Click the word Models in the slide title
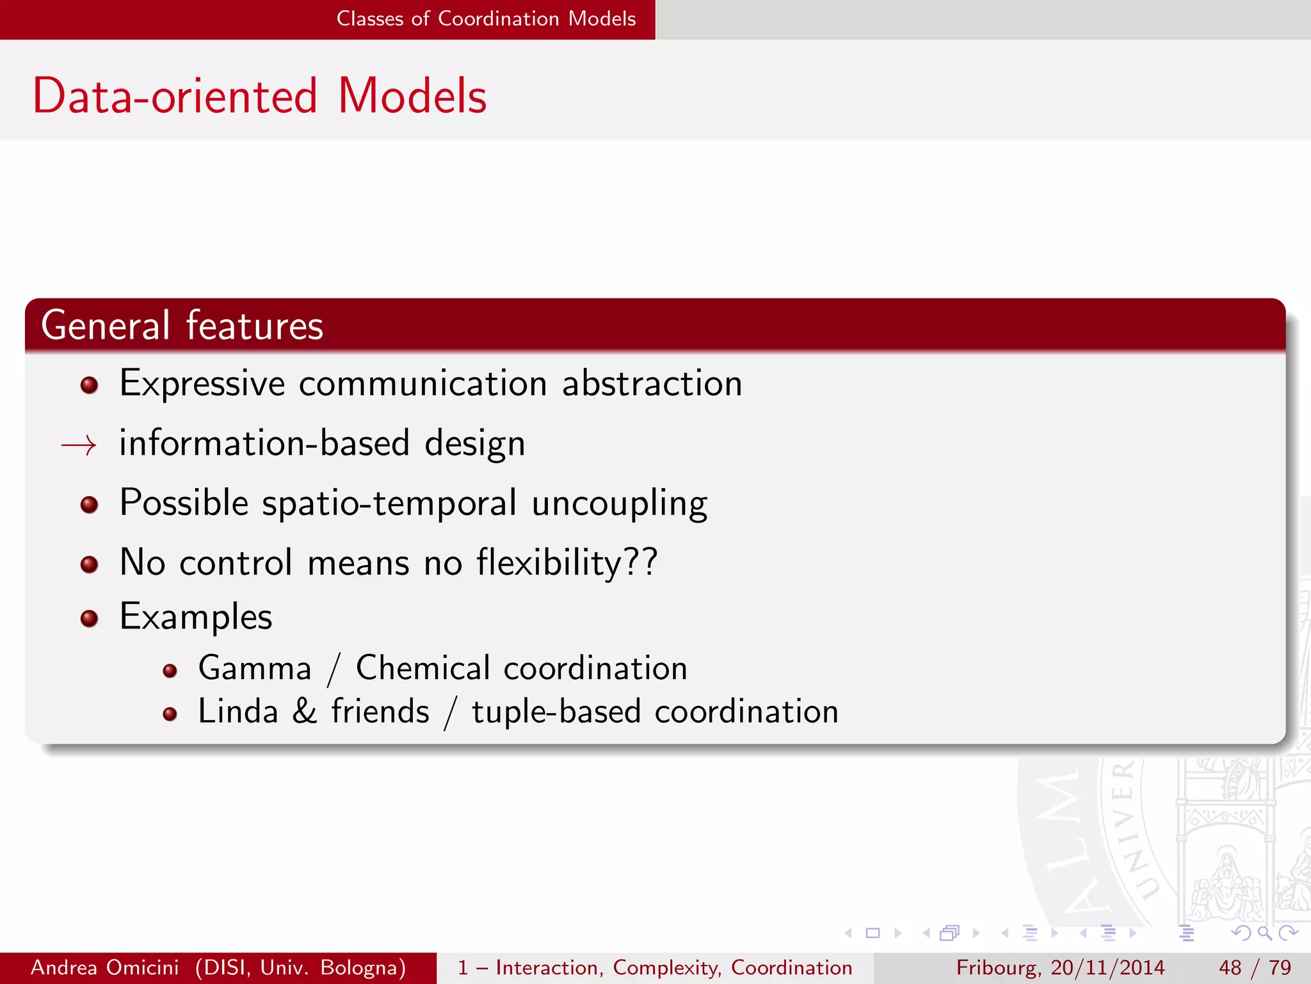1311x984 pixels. [x=412, y=96]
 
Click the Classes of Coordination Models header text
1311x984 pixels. [x=486, y=19]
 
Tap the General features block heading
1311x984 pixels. [x=182, y=325]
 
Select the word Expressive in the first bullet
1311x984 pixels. [x=202, y=384]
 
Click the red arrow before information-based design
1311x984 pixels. [x=79, y=445]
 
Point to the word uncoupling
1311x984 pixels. [x=620, y=504]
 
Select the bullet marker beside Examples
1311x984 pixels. [x=89, y=619]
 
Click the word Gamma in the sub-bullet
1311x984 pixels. [x=255, y=669]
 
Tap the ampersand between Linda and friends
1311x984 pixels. [x=305, y=712]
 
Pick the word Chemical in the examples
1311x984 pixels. [x=422, y=668]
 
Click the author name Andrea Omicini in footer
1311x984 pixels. [x=105, y=967]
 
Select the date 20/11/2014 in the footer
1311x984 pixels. [x=1107, y=967]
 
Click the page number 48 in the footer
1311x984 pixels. [x=1230, y=967]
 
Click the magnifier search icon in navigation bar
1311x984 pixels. [x=1264, y=933]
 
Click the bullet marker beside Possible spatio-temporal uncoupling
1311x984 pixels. [x=89, y=505]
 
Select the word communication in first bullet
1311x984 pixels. [x=422, y=384]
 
